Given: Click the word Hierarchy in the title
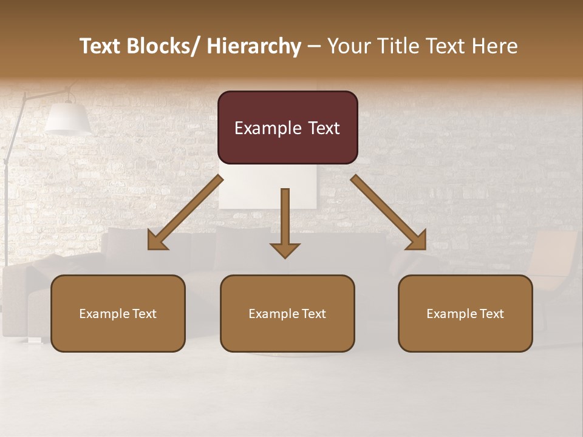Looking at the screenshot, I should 254,46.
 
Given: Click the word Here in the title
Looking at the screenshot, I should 494,46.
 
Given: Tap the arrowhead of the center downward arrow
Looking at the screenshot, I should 285,250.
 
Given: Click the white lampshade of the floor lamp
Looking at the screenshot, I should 67,118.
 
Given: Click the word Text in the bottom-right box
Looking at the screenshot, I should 490,314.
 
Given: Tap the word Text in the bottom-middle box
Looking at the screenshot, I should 312,314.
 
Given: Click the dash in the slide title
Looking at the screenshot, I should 313,46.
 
